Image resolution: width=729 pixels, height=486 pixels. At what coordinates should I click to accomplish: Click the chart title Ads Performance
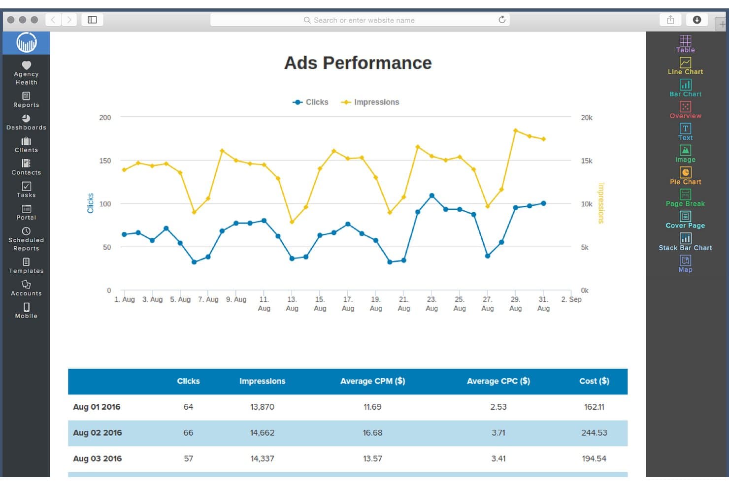click(358, 63)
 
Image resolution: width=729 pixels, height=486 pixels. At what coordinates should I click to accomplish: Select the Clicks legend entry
click(310, 102)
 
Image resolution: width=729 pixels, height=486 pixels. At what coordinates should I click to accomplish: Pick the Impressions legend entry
click(370, 102)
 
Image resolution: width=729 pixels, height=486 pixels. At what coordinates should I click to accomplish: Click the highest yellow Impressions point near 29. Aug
click(516, 130)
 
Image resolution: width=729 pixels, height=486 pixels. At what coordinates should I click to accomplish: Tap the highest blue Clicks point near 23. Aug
click(432, 196)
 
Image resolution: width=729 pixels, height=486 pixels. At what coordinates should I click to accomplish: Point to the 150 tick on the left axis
click(105, 161)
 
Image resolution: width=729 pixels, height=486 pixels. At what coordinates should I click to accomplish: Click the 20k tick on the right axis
click(587, 118)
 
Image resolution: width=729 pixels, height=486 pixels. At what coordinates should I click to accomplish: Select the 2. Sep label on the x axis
click(571, 299)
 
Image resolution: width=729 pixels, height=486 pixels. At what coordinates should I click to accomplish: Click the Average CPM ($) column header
click(373, 381)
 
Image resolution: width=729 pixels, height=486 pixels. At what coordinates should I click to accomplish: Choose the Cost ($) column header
click(594, 381)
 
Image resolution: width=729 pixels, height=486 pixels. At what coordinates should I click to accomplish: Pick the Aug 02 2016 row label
click(98, 433)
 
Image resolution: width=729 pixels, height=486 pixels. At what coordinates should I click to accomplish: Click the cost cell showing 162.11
click(594, 407)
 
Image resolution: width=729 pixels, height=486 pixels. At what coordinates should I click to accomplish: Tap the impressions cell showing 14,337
click(263, 459)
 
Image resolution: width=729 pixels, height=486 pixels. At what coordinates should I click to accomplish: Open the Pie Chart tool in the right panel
click(685, 176)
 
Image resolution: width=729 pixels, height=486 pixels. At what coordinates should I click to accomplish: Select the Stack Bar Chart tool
click(685, 242)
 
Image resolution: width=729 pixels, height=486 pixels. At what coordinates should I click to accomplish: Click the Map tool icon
click(685, 260)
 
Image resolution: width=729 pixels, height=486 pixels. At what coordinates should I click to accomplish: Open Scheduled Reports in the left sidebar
click(27, 239)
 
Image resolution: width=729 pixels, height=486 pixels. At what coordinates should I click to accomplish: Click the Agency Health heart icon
click(27, 65)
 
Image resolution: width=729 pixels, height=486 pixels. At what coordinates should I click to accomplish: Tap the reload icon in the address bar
click(502, 20)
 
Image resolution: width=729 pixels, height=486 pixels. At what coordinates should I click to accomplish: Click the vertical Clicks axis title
click(91, 203)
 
